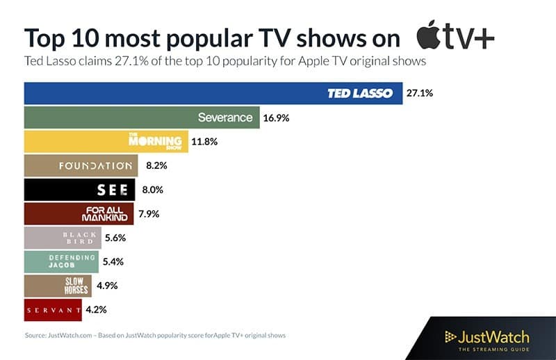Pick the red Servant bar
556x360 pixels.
53,309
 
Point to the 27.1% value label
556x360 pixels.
420,93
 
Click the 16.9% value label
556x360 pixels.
276,117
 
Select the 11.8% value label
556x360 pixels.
204,142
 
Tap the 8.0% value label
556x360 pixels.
151,190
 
